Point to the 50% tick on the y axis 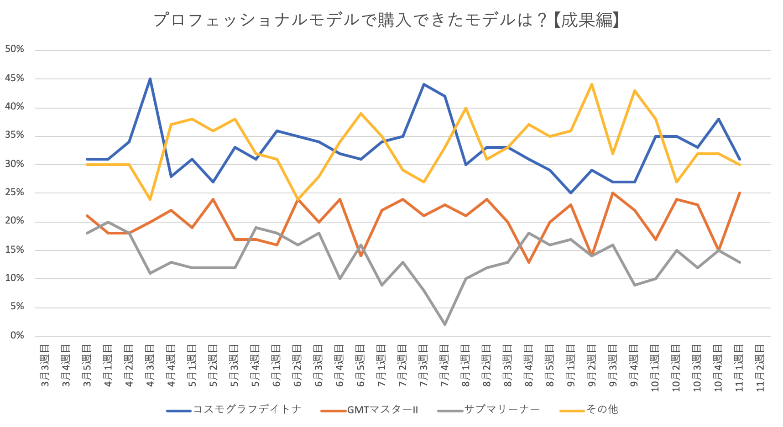pos(15,49)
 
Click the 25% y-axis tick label pos(15,193)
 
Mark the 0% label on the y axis pos(17,335)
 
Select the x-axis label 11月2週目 pos(760,368)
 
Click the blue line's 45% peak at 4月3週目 pos(150,79)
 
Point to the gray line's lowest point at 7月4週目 pos(444,324)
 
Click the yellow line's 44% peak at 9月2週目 pos(592,84)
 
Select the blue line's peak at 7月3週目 pos(423,84)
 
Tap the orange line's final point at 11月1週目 pos(739,193)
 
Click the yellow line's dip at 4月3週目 pos(150,199)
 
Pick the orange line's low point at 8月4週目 pos(529,262)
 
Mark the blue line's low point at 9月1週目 pos(571,193)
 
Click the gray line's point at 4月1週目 pos(108,222)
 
